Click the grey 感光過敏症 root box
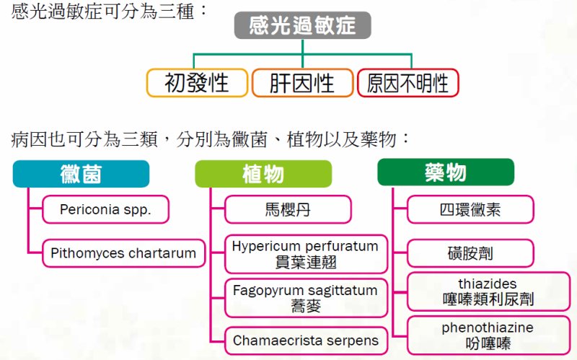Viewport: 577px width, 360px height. click(302, 25)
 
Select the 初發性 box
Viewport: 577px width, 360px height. click(197, 83)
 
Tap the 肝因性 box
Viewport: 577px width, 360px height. click(302, 83)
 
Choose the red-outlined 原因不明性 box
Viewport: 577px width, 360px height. click(408, 83)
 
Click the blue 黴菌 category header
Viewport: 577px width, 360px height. click(81, 174)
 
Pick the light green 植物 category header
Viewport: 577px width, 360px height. click(263, 174)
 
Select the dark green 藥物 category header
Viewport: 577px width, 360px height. click(446, 172)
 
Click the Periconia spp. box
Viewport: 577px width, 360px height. click(105, 209)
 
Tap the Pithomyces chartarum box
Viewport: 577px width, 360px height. click(123, 253)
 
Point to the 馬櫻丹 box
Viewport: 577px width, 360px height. click(288, 209)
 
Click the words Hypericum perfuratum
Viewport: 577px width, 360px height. click(305, 246)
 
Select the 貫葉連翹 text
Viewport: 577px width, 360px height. click(306, 262)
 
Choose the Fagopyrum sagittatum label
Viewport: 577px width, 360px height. click(305, 290)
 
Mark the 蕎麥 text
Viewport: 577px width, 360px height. click(306, 306)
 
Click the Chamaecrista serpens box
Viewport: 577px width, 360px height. click(306, 341)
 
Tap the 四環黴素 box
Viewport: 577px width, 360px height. click(470, 209)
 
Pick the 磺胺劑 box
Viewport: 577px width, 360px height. click(470, 253)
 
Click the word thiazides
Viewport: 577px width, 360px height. click(488, 284)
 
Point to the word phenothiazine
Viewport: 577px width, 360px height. click(488, 328)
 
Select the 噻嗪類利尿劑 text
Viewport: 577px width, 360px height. click(488, 299)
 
